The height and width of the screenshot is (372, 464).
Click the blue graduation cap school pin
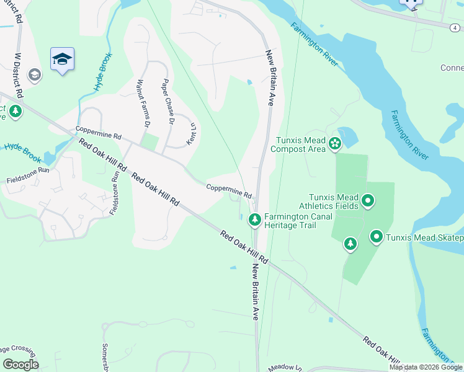click(x=62, y=60)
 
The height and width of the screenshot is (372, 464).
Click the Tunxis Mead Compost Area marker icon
click(x=335, y=144)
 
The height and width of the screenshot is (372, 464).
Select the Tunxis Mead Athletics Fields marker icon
click(x=368, y=200)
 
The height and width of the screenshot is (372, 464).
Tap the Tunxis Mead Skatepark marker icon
click(x=377, y=236)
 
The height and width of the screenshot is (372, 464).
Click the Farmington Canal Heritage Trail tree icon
click(x=254, y=219)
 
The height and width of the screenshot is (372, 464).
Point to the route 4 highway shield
click(x=455, y=27)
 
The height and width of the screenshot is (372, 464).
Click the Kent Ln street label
click(x=193, y=131)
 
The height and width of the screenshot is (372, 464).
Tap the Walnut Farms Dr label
click(x=142, y=103)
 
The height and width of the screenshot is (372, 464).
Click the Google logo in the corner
click(x=20, y=364)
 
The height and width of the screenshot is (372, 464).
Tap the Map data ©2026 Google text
click(x=426, y=367)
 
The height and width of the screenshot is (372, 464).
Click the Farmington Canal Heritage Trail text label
click(x=290, y=221)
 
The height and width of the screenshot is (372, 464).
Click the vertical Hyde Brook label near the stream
click(x=104, y=73)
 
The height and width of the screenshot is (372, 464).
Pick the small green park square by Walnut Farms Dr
click(x=149, y=142)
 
